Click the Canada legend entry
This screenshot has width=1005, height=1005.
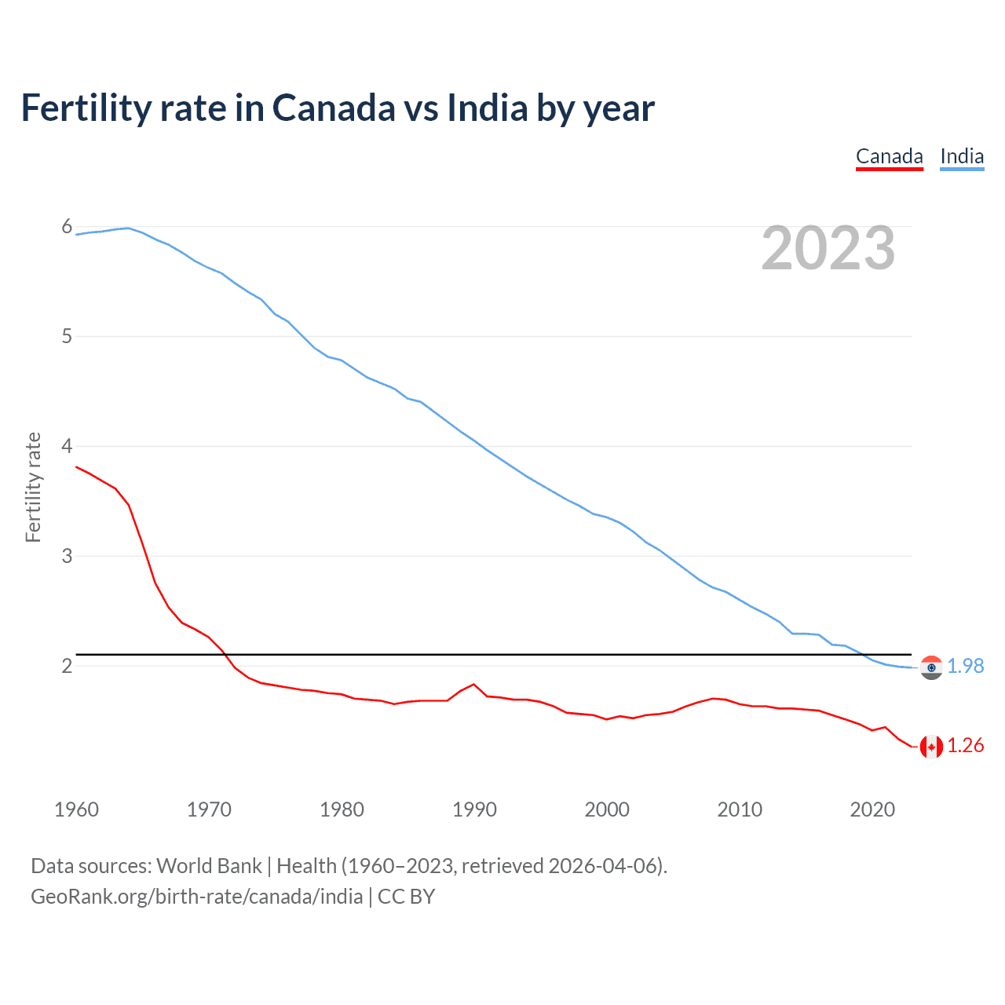[889, 156]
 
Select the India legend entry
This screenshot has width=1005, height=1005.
[962, 156]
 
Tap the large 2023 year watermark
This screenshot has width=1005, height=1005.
[828, 248]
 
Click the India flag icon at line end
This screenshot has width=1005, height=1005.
[931, 667]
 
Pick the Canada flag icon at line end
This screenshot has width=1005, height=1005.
[931, 746]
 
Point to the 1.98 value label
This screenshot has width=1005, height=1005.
[965, 666]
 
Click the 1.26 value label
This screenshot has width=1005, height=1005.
[965, 745]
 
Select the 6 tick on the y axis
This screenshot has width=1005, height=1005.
[67, 227]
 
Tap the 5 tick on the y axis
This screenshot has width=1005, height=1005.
[67, 337]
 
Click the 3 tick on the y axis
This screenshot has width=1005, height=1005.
[67, 556]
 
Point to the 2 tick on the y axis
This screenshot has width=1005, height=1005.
[67, 666]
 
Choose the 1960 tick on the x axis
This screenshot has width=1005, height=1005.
[76, 809]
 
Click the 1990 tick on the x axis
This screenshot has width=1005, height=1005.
[474, 809]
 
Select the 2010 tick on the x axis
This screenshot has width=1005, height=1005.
[740, 809]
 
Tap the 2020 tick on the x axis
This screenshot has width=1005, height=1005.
[872, 809]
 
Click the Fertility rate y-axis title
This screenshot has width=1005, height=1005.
[33, 487]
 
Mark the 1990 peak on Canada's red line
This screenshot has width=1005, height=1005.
[473, 684]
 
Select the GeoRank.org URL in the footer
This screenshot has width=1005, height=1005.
[196, 897]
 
